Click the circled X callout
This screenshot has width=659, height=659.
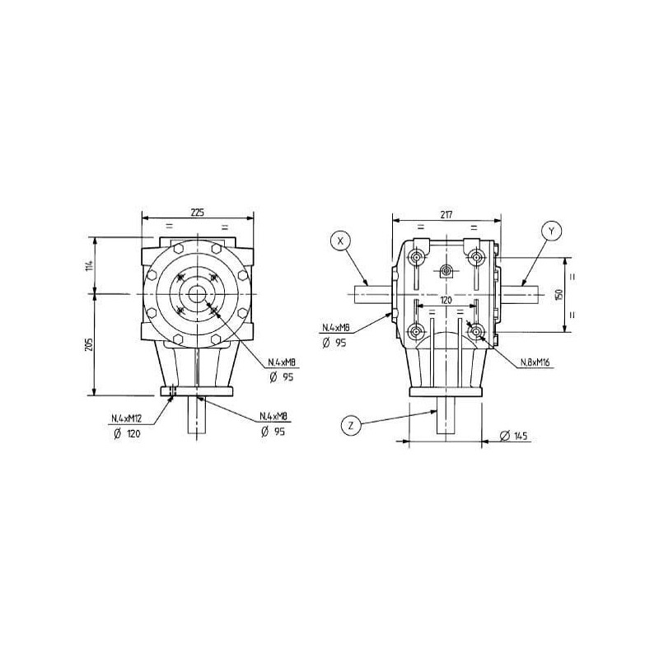341,241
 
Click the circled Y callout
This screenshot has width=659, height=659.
551,231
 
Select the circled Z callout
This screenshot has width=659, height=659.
351,426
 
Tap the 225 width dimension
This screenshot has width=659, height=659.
197,213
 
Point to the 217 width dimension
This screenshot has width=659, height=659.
446,215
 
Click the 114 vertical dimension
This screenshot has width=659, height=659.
89,265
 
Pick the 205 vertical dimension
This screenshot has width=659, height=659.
89,344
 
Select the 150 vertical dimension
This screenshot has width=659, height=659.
559,295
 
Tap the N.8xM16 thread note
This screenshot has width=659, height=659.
535,362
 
